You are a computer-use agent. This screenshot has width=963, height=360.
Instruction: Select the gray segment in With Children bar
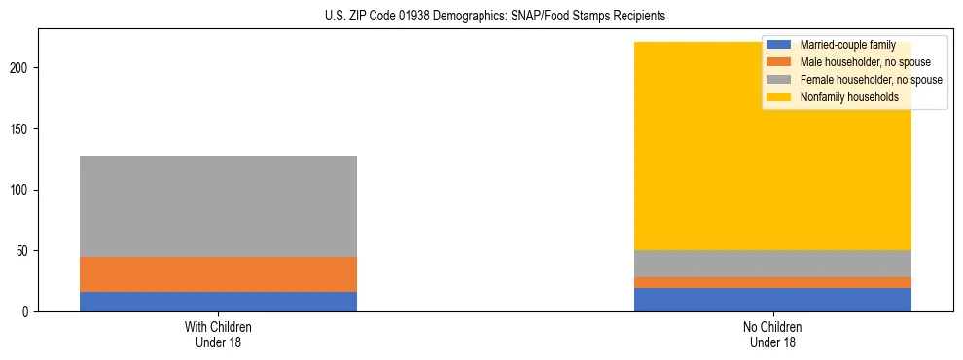tap(218, 206)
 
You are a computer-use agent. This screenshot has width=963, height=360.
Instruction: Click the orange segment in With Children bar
tap(218, 274)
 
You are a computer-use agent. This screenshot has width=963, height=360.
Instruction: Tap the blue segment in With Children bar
tap(218, 302)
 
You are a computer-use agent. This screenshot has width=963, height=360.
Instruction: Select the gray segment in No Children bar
tap(772, 264)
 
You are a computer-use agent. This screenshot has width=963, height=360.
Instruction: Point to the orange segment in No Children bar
tap(772, 283)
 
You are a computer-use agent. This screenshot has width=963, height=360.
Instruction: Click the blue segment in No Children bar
tap(772, 300)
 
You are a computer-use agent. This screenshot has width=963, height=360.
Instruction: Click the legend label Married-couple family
tap(847, 45)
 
